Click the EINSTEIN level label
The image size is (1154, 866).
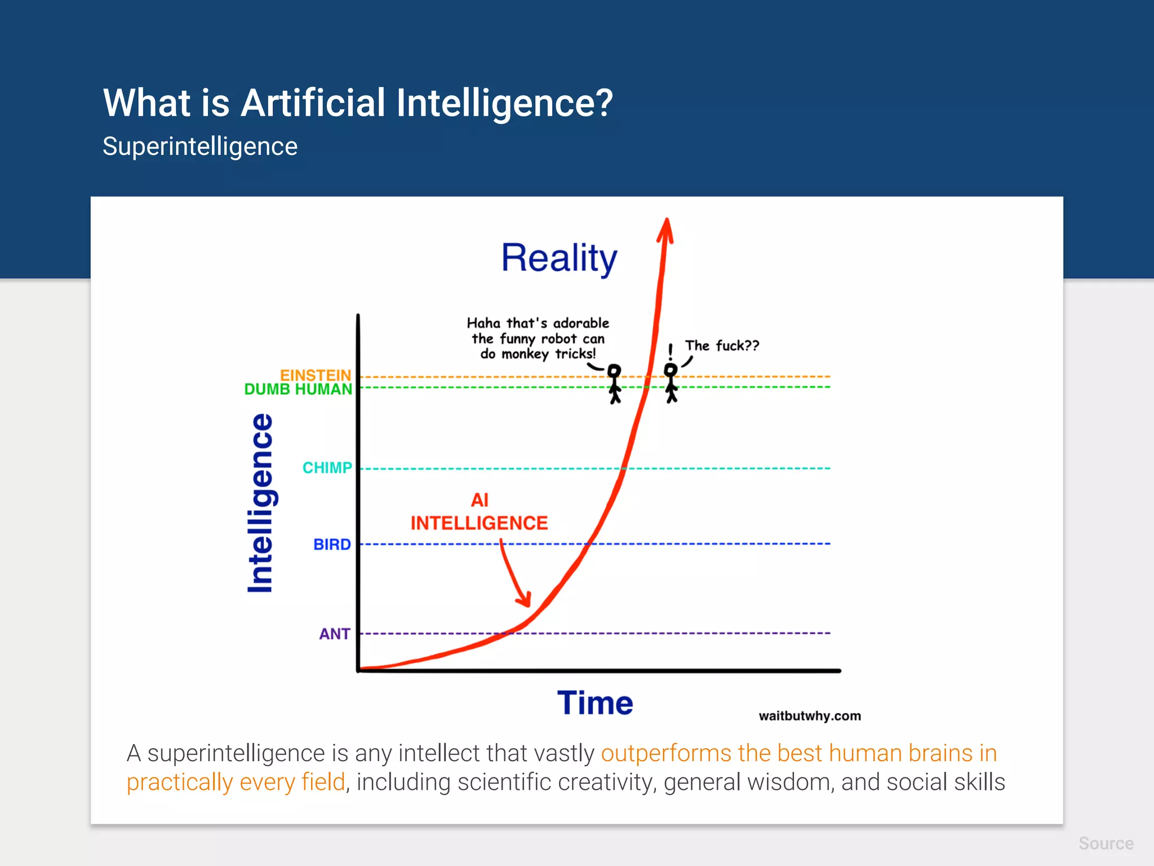tap(315, 375)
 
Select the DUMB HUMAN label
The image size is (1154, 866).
tap(298, 389)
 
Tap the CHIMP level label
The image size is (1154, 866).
tap(327, 467)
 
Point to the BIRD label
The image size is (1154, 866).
tap(332, 544)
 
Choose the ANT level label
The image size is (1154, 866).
tap(334, 634)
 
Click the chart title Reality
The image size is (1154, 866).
tap(559, 258)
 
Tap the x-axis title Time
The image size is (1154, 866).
tap(595, 703)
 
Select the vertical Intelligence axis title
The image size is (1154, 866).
tap(260, 503)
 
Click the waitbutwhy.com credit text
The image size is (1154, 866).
tap(809, 716)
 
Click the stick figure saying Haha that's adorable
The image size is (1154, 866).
tap(614, 383)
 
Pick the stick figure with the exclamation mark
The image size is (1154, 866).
tap(671, 382)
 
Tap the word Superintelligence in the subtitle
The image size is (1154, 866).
tap(199, 147)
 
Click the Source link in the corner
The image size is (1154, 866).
tap(1106, 843)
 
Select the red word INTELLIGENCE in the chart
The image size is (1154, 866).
tap(479, 523)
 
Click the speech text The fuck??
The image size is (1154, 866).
tap(722, 346)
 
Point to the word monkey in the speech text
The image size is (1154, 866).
tap(525, 354)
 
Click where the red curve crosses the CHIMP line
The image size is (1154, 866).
tap(624, 468)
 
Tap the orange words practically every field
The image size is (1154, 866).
tap(236, 783)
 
